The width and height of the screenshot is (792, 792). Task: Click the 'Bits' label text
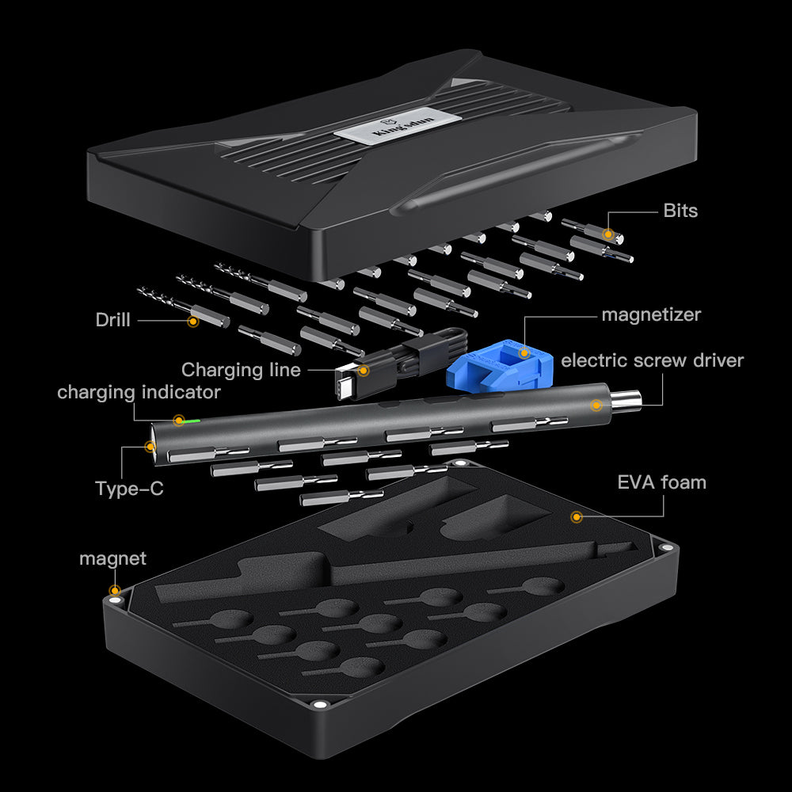pyautogui.click(x=680, y=211)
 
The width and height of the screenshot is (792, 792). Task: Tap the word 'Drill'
pyautogui.click(x=112, y=320)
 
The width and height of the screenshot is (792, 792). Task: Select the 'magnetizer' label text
pyautogui.click(x=651, y=314)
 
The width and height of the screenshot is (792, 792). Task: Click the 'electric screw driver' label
pyautogui.click(x=652, y=360)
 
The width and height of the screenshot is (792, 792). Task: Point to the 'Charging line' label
pyautogui.click(x=241, y=370)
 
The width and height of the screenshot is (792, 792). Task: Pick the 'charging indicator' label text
pyautogui.click(x=139, y=392)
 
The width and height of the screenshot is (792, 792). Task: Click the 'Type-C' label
pyautogui.click(x=129, y=489)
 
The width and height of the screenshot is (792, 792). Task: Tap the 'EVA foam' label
pyautogui.click(x=661, y=482)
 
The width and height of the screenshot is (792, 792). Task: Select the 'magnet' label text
pyautogui.click(x=112, y=558)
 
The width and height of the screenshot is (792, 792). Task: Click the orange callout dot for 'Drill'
pyautogui.click(x=192, y=321)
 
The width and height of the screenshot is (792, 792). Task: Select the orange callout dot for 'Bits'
pyautogui.click(x=608, y=234)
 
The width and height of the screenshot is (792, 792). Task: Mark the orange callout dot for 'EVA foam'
pyautogui.click(x=577, y=517)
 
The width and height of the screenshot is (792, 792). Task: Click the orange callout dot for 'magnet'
pyautogui.click(x=116, y=590)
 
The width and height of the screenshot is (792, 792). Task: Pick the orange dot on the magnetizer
pyautogui.click(x=524, y=352)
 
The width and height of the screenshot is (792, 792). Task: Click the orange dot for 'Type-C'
pyautogui.click(x=150, y=447)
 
